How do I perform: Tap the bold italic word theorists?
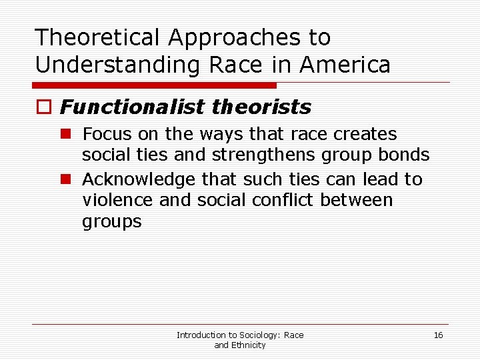click(270, 107)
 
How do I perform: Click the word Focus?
click(107, 134)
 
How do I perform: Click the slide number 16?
click(438, 335)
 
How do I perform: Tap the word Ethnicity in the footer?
click(248, 345)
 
